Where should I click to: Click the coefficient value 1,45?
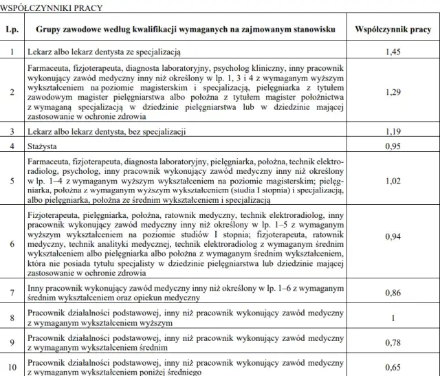[x=393, y=52]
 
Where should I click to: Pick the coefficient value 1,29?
[x=393, y=91]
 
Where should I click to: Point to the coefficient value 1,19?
[x=393, y=131]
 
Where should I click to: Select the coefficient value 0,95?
[x=393, y=146]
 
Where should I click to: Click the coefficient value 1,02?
[x=393, y=181]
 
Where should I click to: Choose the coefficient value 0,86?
[x=393, y=293]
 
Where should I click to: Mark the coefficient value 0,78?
[x=393, y=342]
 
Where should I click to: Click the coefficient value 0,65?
[x=393, y=367]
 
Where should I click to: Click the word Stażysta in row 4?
[x=43, y=146]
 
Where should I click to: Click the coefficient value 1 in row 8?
[x=393, y=318]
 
